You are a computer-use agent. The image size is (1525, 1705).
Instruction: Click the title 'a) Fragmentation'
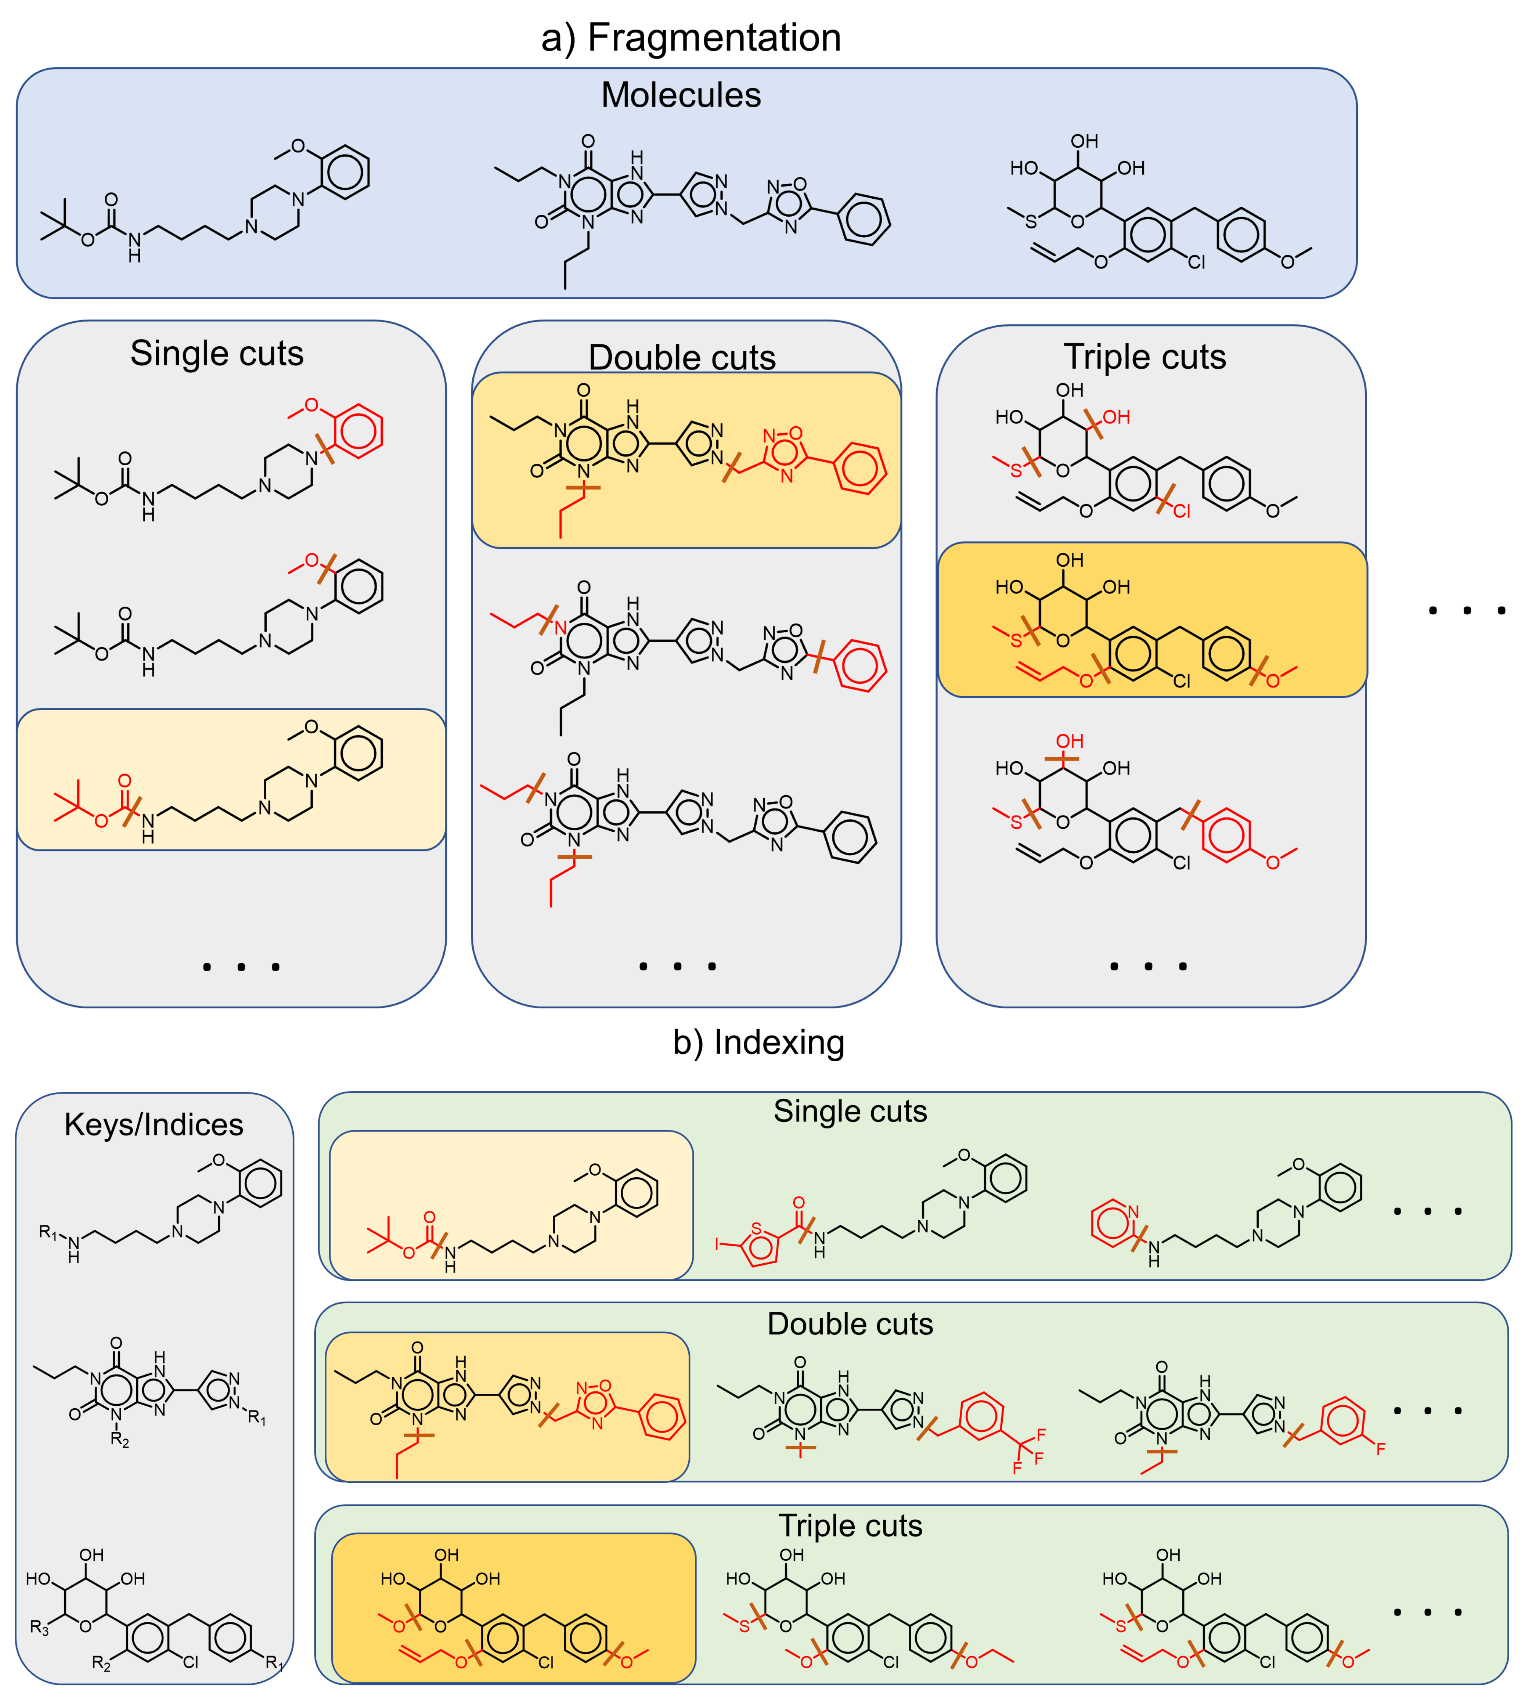[x=691, y=38]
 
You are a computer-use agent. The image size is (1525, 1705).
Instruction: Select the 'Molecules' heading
[x=680, y=95]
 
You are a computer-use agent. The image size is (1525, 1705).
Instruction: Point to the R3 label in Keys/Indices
[x=39, y=1627]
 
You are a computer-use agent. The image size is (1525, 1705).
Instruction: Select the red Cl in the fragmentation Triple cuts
[x=1182, y=511]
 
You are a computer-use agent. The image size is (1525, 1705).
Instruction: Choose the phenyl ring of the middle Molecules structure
[x=864, y=220]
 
